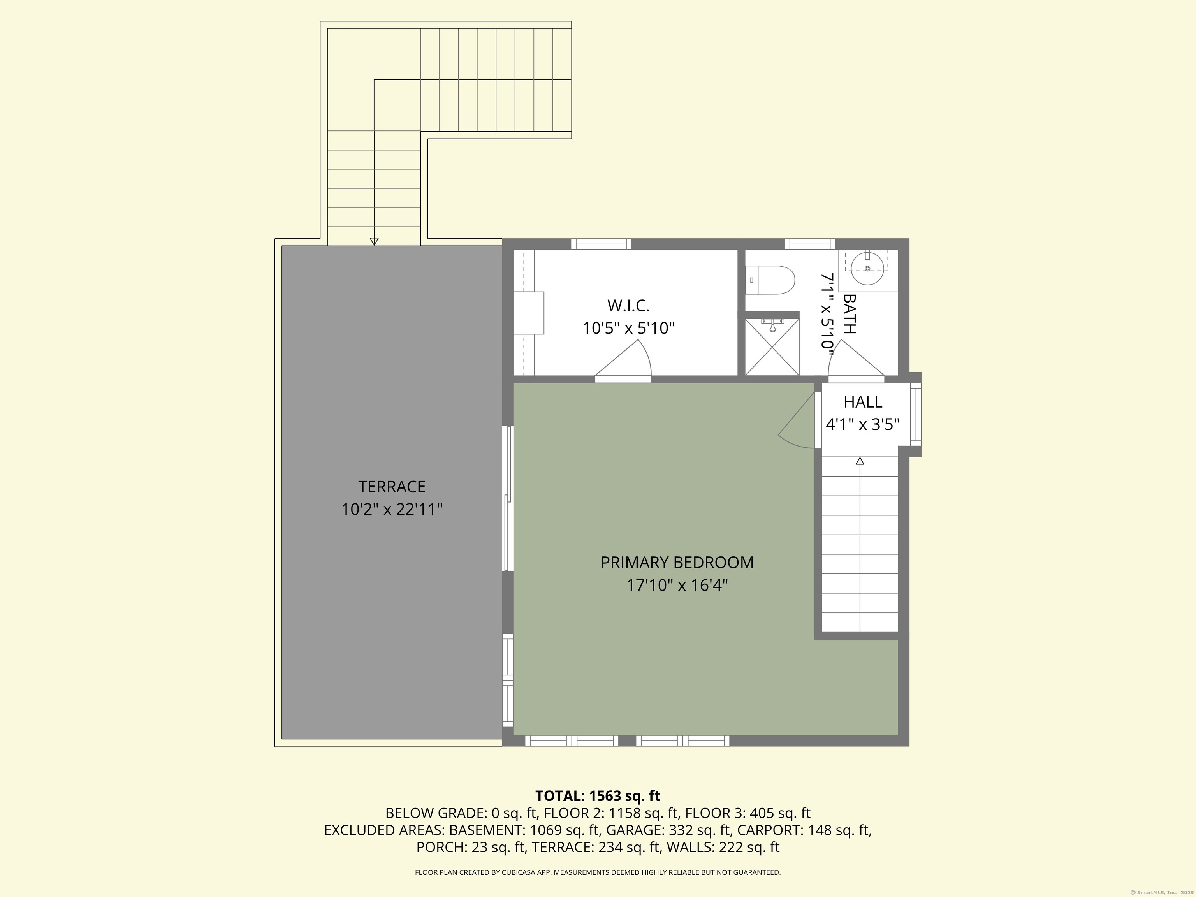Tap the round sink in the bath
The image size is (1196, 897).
867,269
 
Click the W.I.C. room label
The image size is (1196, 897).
628,306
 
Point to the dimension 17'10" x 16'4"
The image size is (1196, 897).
677,585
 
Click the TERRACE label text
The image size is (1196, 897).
391,487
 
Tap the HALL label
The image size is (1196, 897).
862,402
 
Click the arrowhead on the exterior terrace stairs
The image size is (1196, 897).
374,241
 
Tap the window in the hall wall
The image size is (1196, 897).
915,414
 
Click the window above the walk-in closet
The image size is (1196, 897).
601,244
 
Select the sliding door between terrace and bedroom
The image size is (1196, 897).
508,498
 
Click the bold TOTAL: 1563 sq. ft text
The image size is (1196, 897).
598,796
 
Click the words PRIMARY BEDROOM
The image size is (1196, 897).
677,562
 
